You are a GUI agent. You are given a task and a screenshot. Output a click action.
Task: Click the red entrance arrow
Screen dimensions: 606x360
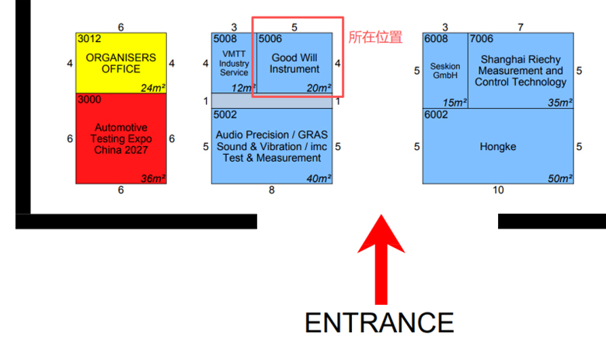click(x=381, y=260)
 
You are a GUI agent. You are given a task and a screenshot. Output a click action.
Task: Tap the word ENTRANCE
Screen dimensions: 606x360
click(x=379, y=323)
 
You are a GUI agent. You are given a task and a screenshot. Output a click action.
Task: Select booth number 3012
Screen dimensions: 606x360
click(x=89, y=39)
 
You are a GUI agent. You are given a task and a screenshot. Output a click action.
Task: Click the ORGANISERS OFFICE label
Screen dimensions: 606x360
click(x=121, y=64)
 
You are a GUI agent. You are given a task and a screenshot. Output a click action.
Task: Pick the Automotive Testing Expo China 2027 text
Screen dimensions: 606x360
click(x=121, y=138)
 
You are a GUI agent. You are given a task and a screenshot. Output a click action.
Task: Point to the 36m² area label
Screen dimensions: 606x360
click(x=153, y=178)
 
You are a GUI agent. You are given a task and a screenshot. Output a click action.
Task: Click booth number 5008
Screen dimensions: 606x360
click(x=225, y=39)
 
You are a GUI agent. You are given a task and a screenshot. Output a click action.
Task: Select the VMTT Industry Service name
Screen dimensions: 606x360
click(x=234, y=64)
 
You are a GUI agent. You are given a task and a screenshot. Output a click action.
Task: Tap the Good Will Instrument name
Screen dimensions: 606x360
click(x=294, y=64)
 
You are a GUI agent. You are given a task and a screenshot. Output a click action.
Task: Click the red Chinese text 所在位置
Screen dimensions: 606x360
click(x=375, y=37)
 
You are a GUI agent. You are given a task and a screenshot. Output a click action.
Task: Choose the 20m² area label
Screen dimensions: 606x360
click(x=319, y=88)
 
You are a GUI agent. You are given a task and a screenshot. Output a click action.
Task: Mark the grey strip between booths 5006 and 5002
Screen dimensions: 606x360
click(x=272, y=101)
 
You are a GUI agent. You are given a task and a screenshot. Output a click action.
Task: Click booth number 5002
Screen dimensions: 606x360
click(x=225, y=115)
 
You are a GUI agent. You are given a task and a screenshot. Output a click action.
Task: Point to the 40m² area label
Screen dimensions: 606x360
click(x=319, y=178)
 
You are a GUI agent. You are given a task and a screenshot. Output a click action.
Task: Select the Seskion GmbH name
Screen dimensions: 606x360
click(x=445, y=71)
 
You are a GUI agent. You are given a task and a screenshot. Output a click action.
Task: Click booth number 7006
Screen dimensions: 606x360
click(x=482, y=39)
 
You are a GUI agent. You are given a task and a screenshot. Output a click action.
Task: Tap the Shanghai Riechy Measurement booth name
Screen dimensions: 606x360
click(x=521, y=71)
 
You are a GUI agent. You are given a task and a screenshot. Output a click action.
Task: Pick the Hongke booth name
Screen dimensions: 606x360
click(x=498, y=146)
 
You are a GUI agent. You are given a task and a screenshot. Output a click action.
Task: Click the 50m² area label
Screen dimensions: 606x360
click(x=560, y=178)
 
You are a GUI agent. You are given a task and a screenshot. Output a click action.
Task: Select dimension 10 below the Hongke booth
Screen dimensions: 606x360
click(x=498, y=190)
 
